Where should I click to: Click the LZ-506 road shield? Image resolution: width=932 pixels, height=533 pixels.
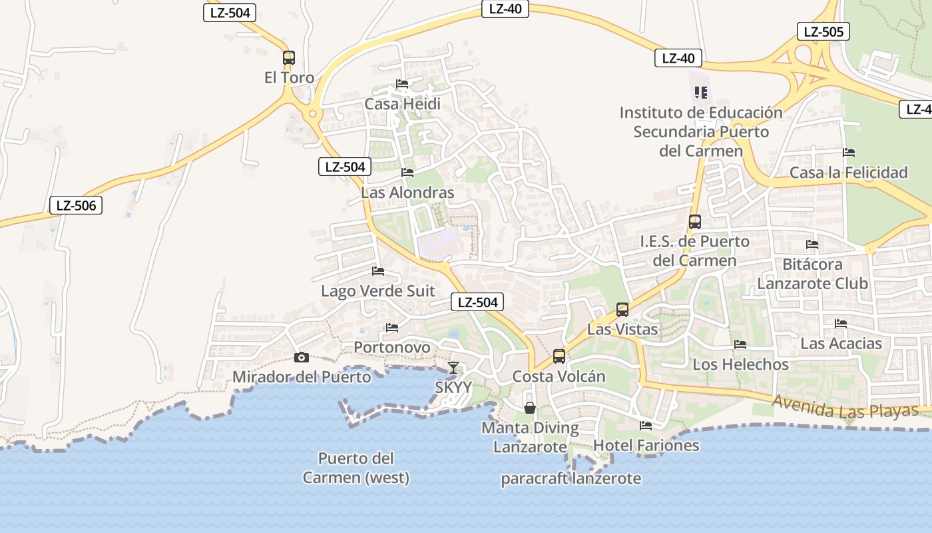tap(77, 205)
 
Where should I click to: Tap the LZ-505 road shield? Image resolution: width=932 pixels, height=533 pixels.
tap(823, 31)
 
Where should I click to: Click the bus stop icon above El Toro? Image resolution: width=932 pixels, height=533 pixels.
tap(288, 58)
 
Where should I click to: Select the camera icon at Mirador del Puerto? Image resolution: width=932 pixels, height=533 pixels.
tap(302, 358)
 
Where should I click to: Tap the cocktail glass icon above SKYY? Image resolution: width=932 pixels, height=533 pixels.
tap(453, 367)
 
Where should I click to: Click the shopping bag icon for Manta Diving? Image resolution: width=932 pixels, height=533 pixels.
tap(530, 407)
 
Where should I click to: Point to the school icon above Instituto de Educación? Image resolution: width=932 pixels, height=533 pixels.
tap(700, 92)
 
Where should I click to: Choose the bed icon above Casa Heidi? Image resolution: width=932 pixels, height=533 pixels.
tap(402, 84)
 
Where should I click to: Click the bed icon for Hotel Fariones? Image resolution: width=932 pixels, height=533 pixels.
tap(646, 425)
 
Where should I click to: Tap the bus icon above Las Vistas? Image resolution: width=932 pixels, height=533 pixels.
tap(622, 310)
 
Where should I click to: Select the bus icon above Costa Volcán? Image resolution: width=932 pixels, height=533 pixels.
tap(559, 356)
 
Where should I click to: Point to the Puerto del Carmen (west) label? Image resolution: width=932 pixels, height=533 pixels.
tap(356, 468)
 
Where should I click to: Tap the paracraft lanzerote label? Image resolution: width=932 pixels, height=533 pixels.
tap(571, 478)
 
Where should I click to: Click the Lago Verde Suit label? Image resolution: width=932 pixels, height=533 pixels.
tap(378, 291)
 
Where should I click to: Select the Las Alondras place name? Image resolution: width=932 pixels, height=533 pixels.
tap(407, 193)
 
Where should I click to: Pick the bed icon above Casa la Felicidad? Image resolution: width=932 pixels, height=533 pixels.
tap(849, 153)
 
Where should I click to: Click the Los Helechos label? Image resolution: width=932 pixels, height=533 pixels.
tap(740, 364)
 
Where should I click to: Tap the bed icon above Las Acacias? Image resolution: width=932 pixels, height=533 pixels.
tap(841, 324)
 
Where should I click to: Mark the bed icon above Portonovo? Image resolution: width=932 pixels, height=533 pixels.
tap(392, 328)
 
